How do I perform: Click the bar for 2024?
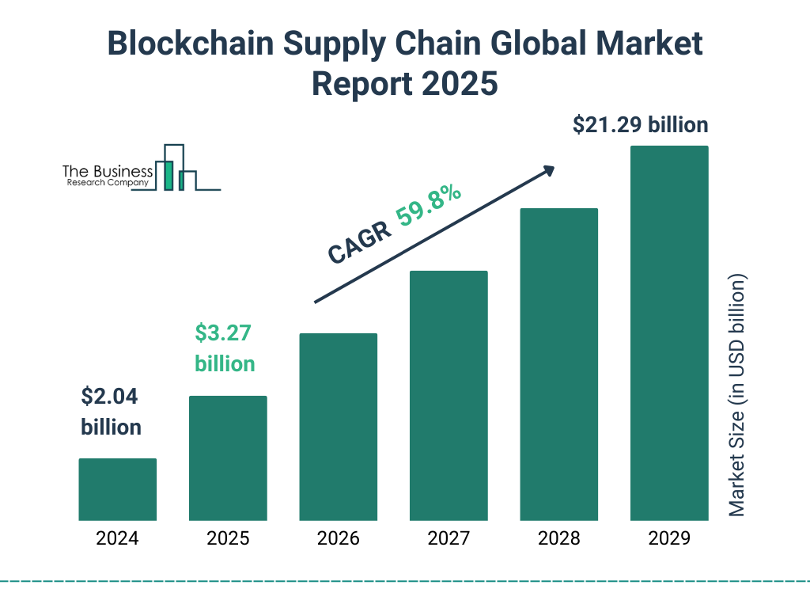point(117,489)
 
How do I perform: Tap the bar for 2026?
point(338,427)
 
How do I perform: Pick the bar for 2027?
point(449,396)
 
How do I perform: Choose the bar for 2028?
point(558,364)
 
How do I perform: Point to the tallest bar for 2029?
point(669,333)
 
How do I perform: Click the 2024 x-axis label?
point(117,539)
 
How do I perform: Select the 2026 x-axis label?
point(338,539)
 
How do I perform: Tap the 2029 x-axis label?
point(669,539)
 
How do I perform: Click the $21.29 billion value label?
point(641,125)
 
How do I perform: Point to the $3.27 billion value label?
point(225,348)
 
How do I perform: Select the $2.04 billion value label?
point(112,412)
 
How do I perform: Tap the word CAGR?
point(360,242)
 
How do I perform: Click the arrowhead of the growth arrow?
point(547,170)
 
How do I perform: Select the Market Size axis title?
point(737,396)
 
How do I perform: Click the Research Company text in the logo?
point(107,183)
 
